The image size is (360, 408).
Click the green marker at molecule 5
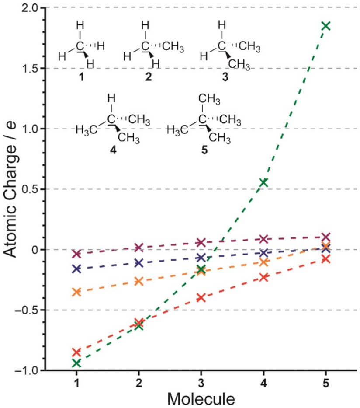tap(325, 26)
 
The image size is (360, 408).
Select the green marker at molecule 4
tap(263, 182)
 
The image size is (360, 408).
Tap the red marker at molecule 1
tap(76, 352)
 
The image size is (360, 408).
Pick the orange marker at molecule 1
tap(76, 292)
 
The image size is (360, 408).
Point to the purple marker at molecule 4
tap(263, 239)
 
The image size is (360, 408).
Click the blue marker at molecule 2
tap(138, 263)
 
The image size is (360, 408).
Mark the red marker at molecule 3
tap(201, 298)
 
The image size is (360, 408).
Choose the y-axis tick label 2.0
tap(28, 8)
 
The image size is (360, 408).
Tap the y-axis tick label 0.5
tap(28, 189)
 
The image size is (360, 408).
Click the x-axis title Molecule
tap(201, 398)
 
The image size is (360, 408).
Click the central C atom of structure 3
tap(222, 45)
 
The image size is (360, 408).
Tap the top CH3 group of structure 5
tap(210, 100)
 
